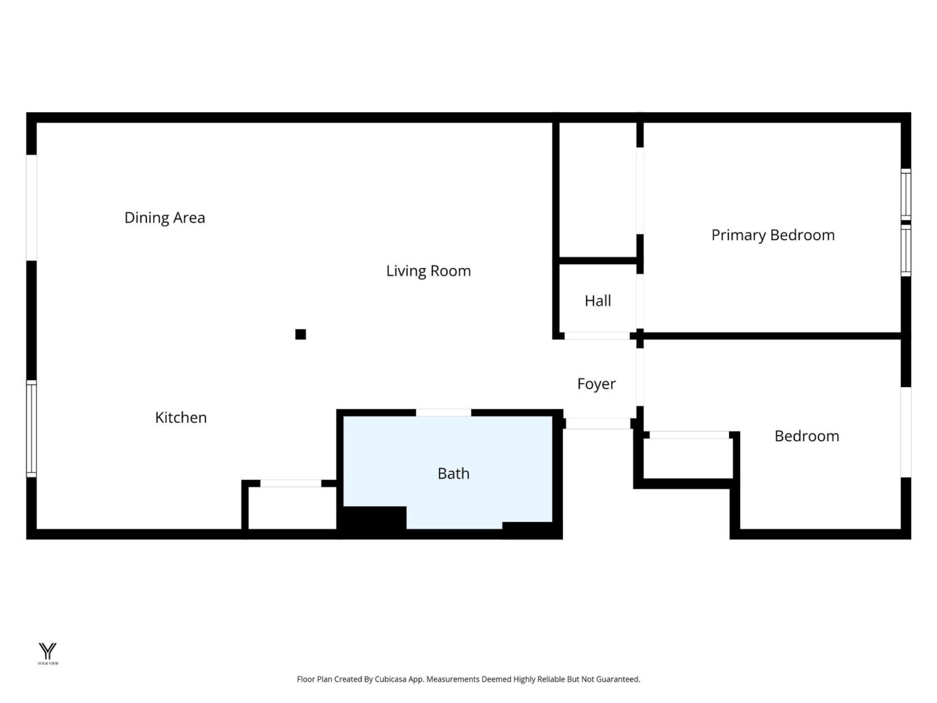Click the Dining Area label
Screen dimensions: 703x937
[x=164, y=217]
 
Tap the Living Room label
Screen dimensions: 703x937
[x=428, y=271]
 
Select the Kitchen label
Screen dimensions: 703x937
[x=181, y=417]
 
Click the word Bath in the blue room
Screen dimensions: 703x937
[x=453, y=473]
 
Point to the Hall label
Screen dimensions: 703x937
[x=598, y=301]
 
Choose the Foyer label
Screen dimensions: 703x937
[x=596, y=384]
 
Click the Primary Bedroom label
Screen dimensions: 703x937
[x=773, y=235]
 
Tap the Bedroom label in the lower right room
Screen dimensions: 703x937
[x=806, y=436]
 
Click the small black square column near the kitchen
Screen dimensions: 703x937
[x=300, y=334]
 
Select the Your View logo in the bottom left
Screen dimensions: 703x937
[x=48, y=653]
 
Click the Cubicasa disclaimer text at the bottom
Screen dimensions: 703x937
[x=468, y=679]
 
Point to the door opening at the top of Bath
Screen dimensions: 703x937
[x=443, y=412]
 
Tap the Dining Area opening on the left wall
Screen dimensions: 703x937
[x=31, y=207]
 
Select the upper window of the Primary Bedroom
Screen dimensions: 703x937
[x=906, y=194]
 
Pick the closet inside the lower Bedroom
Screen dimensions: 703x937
[x=687, y=458]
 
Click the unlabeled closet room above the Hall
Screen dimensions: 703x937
[x=598, y=190]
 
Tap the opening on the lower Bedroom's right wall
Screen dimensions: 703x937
[x=906, y=432]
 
